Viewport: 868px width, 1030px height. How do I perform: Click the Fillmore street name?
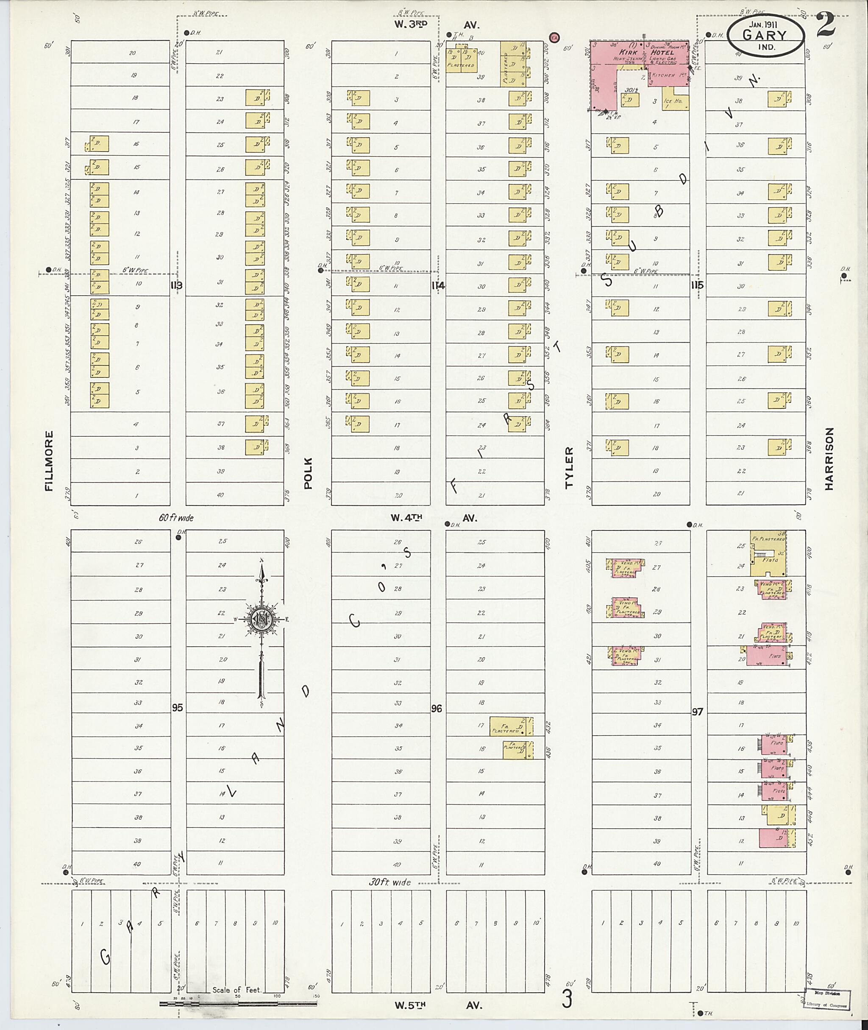[x=49, y=461]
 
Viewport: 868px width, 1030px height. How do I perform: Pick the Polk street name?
[x=309, y=473]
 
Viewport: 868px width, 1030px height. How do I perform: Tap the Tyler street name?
[x=569, y=468]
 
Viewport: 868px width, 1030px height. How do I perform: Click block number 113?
[x=177, y=285]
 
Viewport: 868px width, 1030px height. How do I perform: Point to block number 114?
[x=438, y=285]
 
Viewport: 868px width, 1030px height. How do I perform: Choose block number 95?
[x=177, y=707]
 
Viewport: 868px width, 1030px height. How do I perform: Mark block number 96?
[x=437, y=709]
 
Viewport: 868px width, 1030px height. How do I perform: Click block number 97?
[x=697, y=712]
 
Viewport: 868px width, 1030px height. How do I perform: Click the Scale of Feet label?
[x=237, y=990]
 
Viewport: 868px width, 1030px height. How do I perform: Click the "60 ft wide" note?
[x=175, y=517]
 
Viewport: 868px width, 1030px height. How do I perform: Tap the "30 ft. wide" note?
[x=390, y=882]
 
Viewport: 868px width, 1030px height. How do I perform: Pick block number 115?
[x=697, y=285]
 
